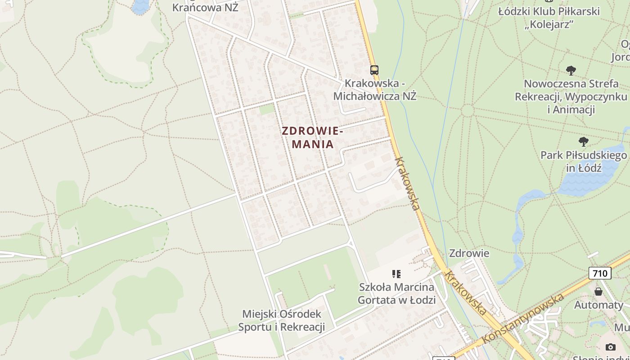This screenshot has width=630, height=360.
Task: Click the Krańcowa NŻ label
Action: (205, 7)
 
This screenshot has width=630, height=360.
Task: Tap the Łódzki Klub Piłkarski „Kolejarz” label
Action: (549, 18)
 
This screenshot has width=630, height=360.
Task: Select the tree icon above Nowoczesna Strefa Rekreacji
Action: (571, 70)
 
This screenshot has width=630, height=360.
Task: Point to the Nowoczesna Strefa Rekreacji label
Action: (571, 96)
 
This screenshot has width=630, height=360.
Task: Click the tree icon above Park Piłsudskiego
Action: (583, 142)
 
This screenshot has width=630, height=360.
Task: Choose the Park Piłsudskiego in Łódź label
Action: (583, 162)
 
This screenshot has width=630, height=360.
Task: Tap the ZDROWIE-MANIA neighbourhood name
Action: (313, 137)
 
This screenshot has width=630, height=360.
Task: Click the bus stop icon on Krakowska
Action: (374, 70)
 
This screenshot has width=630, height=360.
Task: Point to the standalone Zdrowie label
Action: (469, 253)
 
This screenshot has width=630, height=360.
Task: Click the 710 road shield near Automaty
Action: (600, 273)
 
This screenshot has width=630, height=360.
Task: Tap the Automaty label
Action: (598, 305)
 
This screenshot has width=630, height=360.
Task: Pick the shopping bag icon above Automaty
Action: (598, 292)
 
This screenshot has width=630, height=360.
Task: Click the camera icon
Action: (610, 347)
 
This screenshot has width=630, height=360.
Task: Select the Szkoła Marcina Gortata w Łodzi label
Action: (396, 293)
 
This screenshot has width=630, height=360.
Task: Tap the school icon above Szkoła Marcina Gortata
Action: (396, 274)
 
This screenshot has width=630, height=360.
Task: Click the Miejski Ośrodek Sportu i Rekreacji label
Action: (282, 320)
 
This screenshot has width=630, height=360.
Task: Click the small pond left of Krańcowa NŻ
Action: (141, 6)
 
